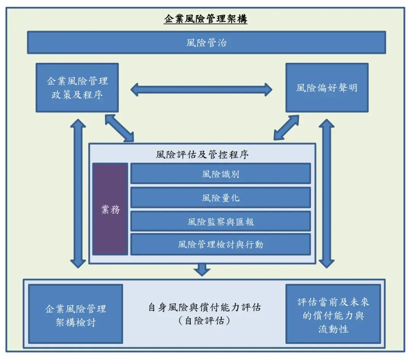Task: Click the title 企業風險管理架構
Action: point(205,19)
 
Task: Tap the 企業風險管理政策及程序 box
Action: point(77,88)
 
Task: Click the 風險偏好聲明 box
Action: point(327,88)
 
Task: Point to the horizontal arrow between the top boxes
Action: point(201,90)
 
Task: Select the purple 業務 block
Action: point(110,209)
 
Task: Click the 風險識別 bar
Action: point(221,174)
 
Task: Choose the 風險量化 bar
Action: point(221,198)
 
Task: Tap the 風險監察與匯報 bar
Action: point(221,221)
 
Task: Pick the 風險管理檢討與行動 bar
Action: point(221,244)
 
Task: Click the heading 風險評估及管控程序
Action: point(202,154)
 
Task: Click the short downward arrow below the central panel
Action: point(202,270)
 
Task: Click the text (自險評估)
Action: point(204,321)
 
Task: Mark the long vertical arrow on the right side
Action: point(327,193)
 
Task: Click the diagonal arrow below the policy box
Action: point(119,127)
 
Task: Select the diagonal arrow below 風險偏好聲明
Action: point(287,127)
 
